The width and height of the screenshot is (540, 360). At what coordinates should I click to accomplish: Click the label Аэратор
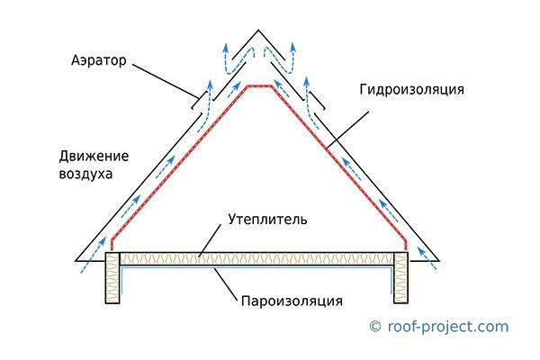coord(99,60)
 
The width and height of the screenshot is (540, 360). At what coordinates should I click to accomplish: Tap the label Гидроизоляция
coord(412,90)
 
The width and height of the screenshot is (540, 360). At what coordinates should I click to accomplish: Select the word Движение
coord(94,157)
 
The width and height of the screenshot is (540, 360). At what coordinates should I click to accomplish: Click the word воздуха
coord(85,174)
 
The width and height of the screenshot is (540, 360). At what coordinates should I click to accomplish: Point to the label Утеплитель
coord(267,219)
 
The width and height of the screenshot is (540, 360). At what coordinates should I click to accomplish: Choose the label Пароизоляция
coord(292,301)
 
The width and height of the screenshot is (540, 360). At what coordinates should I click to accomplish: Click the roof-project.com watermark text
coord(448,327)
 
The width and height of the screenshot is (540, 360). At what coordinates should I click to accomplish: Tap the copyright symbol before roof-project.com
coord(375,326)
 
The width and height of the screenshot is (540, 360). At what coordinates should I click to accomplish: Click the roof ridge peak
coord(258,31)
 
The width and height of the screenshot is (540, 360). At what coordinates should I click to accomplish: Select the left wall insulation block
coord(112,278)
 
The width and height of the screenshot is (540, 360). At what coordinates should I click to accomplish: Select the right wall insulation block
coord(400,278)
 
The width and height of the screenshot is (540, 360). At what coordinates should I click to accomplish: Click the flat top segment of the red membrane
coord(259,85)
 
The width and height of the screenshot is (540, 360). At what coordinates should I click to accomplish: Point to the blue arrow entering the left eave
coord(93,255)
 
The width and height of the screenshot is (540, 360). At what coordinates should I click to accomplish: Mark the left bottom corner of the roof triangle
coord(76,261)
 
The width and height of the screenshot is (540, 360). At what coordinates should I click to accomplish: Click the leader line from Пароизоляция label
coord(226,284)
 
